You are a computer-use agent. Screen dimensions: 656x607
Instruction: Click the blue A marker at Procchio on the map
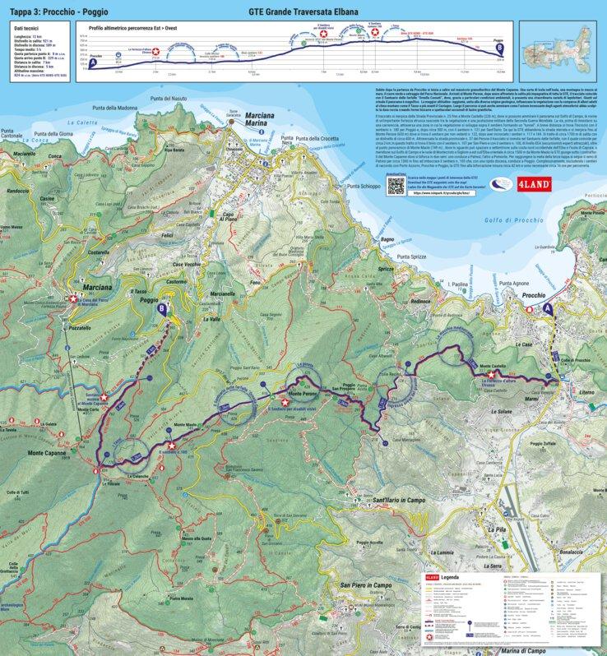click(x=549, y=307)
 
